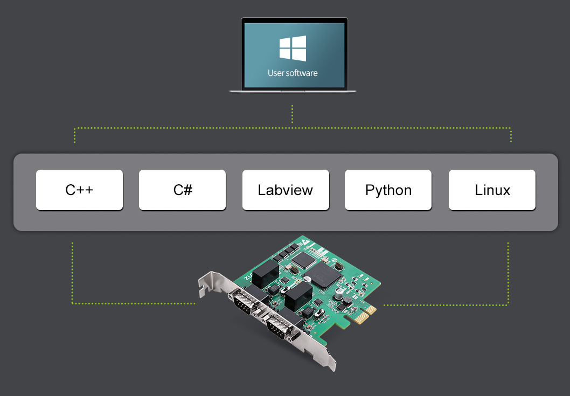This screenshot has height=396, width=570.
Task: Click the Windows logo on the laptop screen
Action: pos(293,48)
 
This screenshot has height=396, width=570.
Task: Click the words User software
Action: pos(293,73)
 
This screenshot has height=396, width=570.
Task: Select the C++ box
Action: pos(79,190)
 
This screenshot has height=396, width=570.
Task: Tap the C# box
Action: pos(182,190)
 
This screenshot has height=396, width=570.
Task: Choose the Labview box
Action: pos(286,190)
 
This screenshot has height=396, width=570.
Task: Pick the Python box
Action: pos(388,190)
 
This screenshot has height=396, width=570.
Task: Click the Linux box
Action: pos(492,190)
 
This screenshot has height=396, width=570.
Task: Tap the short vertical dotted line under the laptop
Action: pos(292,114)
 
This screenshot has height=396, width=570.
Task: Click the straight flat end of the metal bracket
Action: pos(330,360)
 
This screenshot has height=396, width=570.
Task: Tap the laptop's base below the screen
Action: pos(293,91)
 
